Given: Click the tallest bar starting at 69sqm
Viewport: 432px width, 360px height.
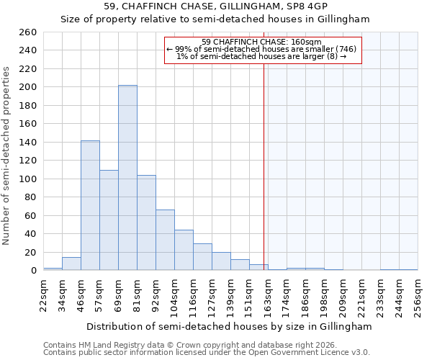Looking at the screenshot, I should pos(127,178).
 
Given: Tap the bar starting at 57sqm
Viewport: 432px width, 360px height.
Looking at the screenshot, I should pos(109,220).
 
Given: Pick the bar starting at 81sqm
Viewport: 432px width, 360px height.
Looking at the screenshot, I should pos(146,222).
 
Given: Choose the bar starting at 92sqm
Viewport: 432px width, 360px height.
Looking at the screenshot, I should pos(165,240).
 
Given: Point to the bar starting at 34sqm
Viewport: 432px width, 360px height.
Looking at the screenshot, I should pos(71,264).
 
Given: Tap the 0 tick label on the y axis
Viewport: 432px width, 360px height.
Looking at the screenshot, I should pos(33,271).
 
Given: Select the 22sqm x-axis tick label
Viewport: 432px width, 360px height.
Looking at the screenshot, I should pos(44,295).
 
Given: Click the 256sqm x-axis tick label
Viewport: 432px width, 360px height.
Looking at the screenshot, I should pos(418,295).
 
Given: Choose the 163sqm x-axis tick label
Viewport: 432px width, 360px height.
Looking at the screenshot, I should pos(269,295).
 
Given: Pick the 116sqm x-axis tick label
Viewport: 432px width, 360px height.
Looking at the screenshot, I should pos(194,295).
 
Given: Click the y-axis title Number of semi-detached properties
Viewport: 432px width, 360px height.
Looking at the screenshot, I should pos(7,155).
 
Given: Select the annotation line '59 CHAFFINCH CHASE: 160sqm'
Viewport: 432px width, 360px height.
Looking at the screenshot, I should pos(261,42).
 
